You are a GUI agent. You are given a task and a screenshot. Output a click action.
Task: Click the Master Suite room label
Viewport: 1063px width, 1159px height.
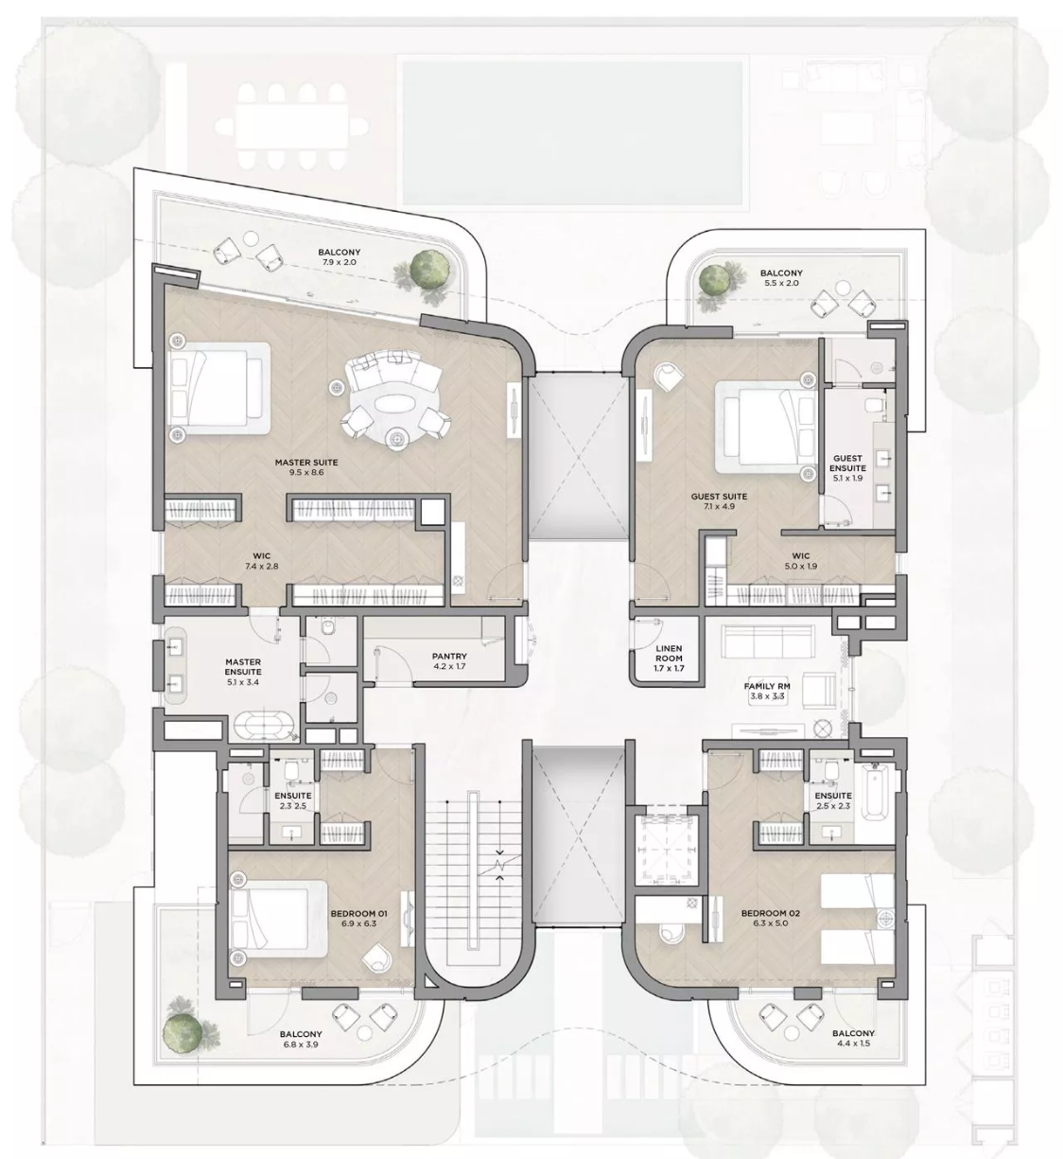tap(306, 463)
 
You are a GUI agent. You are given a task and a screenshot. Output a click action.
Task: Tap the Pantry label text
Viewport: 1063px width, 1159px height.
tap(449, 657)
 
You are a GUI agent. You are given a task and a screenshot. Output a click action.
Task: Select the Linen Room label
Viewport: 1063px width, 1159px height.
tap(669, 654)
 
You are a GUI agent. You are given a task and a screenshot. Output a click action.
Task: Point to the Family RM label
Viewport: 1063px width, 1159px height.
tap(767, 686)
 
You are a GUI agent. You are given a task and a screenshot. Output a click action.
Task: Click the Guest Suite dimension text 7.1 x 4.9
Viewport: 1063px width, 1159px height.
tap(720, 506)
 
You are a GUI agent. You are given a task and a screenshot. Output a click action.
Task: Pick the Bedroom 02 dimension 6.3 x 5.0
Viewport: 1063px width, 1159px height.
tap(771, 923)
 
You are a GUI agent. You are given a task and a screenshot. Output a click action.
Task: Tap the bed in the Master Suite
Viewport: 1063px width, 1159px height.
tap(219, 388)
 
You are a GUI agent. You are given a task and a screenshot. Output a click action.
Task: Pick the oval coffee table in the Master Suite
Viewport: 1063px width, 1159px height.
tap(397, 404)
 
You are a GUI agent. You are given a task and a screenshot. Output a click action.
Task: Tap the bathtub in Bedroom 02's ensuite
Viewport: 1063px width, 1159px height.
tap(877, 792)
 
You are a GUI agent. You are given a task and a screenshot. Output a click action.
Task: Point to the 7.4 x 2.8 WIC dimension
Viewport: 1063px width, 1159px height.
tap(262, 566)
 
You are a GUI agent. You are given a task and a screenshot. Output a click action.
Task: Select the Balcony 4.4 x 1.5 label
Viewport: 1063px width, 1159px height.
tap(853, 1038)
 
